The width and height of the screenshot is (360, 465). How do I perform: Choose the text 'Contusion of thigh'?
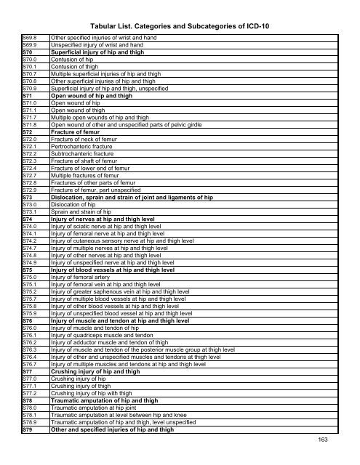[73, 69]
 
